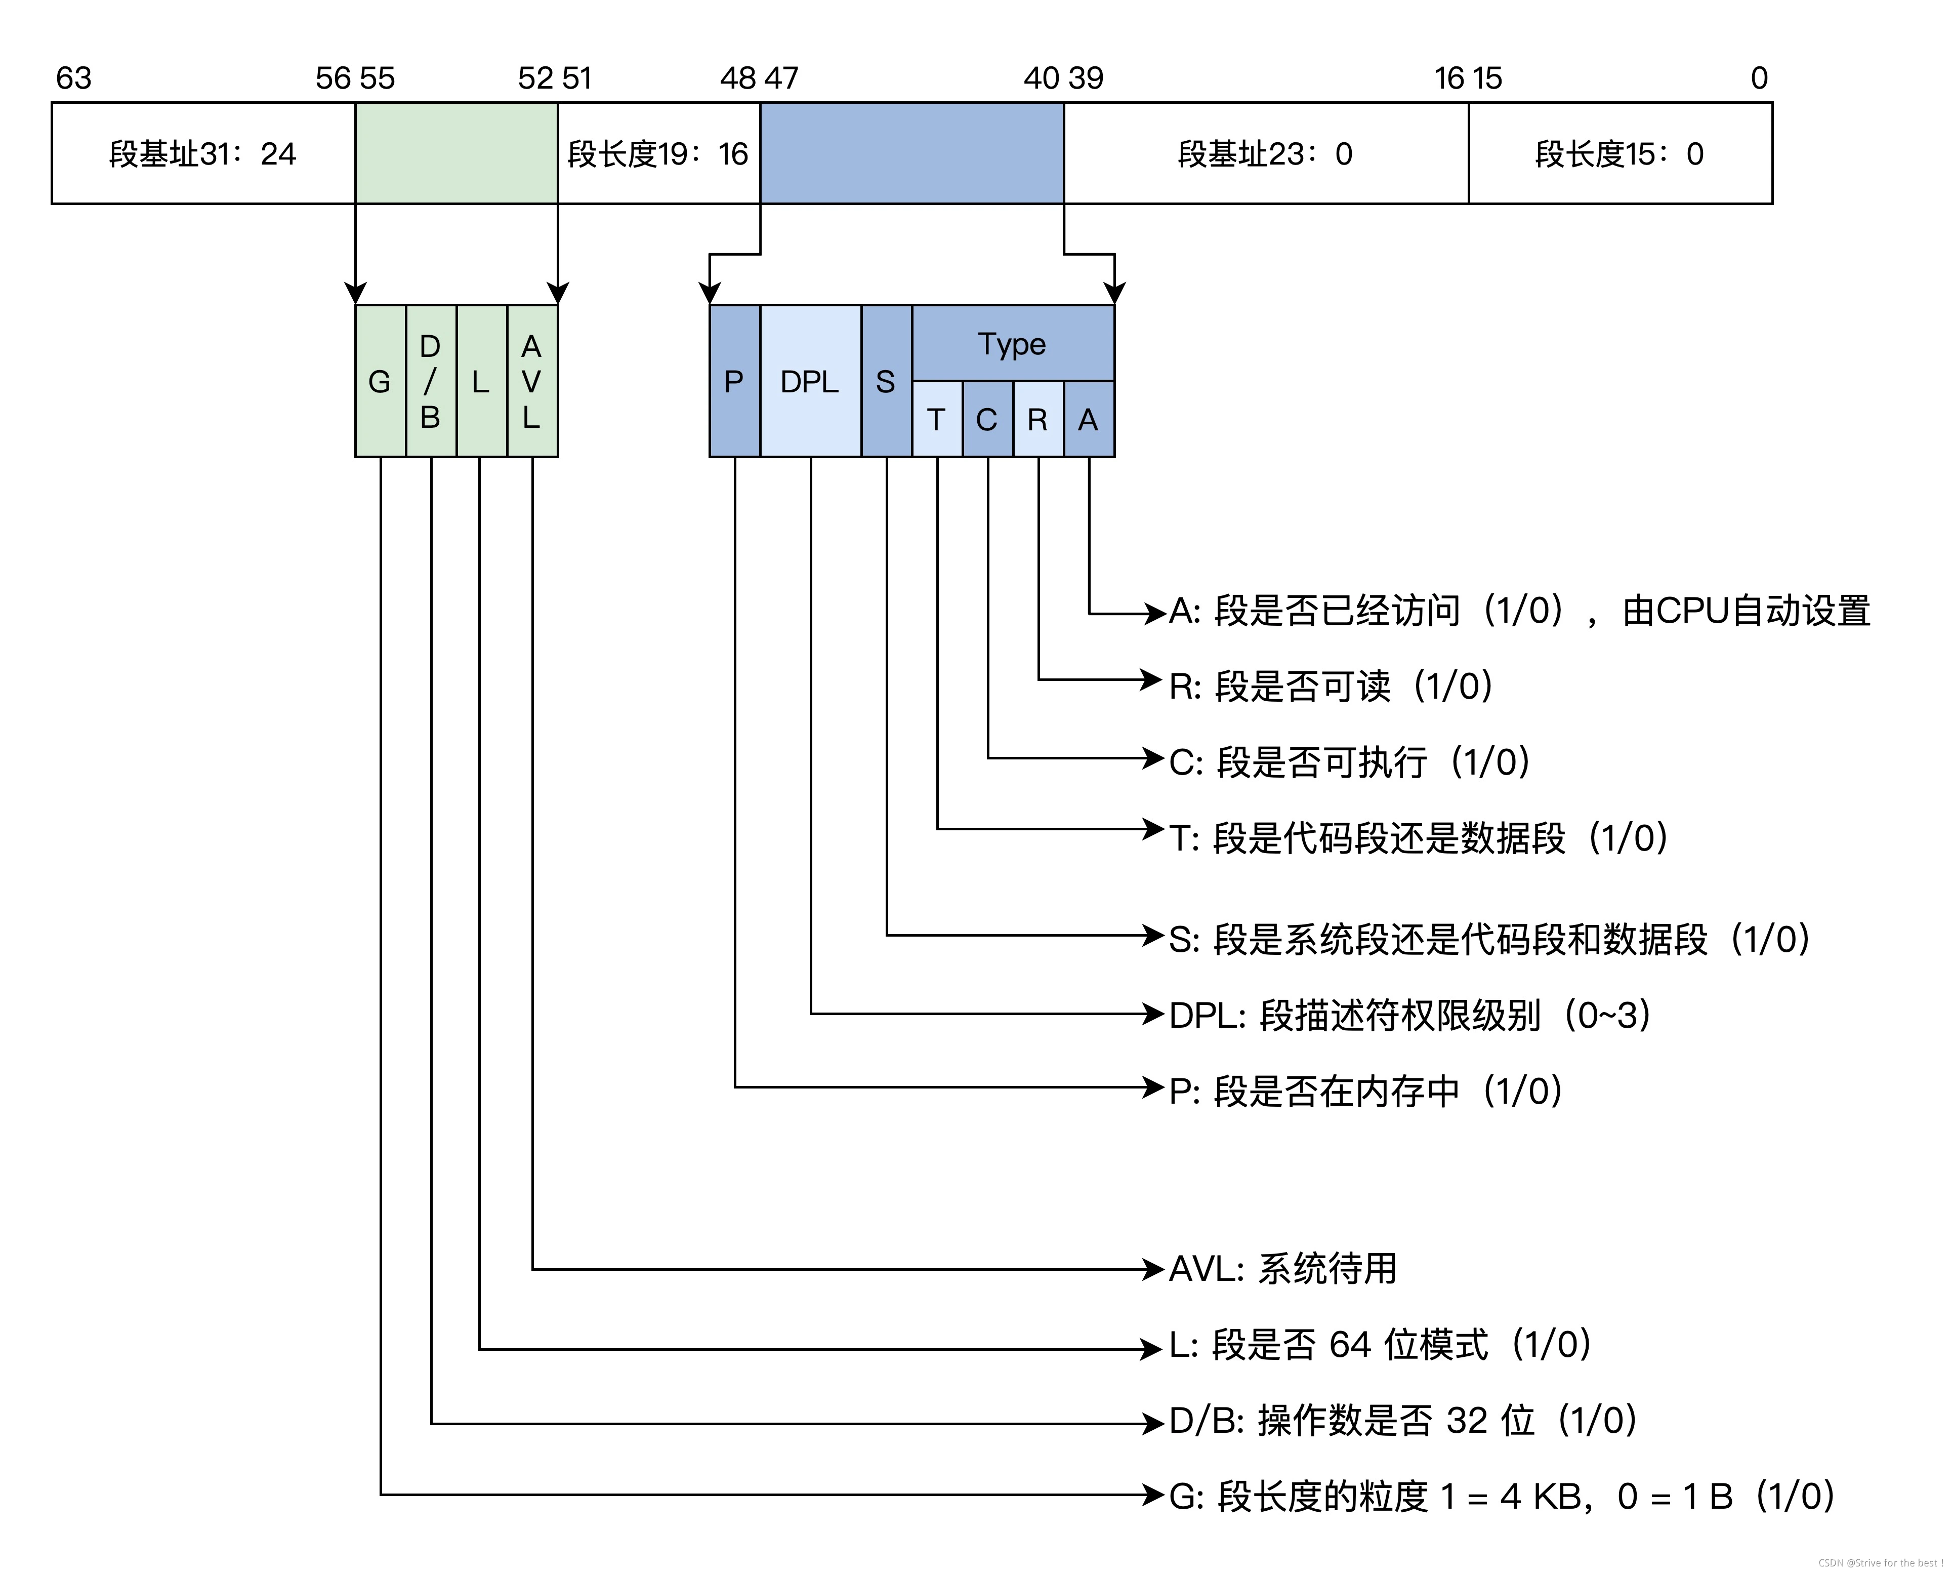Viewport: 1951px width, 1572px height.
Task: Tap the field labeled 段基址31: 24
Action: (x=203, y=154)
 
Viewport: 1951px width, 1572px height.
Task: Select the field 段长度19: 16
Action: (x=658, y=154)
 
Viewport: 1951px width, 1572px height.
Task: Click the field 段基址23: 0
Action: (x=1265, y=154)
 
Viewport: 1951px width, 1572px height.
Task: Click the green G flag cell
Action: (x=380, y=381)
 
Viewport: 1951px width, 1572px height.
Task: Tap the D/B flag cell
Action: (x=431, y=381)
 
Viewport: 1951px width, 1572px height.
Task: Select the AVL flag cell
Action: (x=532, y=381)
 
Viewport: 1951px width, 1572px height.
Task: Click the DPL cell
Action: (x=810, y=381)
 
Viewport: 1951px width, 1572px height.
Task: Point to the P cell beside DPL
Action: (x=734, y=381)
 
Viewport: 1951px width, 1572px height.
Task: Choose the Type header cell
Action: (x=1012, y=344)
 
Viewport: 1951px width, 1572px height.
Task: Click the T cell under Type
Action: (x=937, y=419)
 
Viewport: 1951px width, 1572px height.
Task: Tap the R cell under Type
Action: (x=1037, y=419)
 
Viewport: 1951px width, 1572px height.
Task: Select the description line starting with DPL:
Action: (x=1409, y=1015)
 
